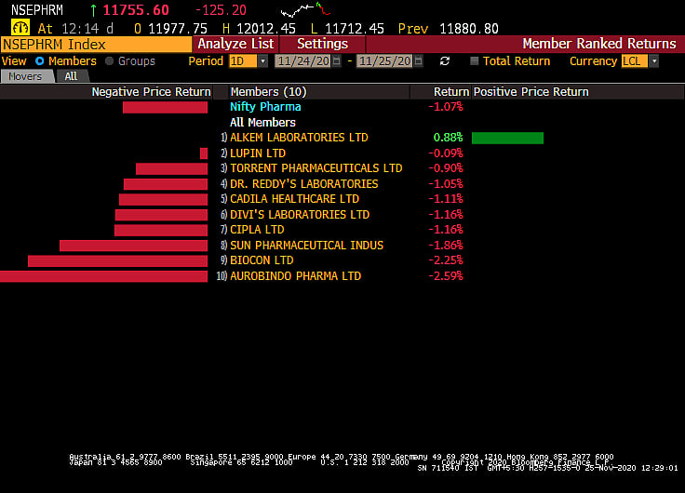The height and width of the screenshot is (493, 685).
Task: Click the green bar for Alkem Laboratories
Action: [x=507, y=138]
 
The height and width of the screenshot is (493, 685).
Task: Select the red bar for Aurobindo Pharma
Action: [x=103, y=276]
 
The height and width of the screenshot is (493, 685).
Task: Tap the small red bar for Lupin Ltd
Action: [x=204, y=153]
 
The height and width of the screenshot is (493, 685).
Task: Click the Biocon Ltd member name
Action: [x=262, y=260]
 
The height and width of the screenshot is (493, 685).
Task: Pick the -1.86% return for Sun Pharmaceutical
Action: [x=445, y=246]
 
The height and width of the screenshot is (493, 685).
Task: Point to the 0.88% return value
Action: [x=448, y=138]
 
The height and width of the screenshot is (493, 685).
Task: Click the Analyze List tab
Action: [x=235, y=44]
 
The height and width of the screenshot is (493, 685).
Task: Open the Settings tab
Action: [x=322, y=44]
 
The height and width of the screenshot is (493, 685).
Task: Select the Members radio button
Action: [x=40, y=61]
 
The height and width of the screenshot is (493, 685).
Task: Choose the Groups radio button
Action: [x=110, y=61]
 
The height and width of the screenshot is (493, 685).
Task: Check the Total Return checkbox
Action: [x=475, y=61]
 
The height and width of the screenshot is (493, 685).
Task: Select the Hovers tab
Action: [x=26, y=76]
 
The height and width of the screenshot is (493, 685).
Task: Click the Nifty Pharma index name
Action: [x=265, y=107]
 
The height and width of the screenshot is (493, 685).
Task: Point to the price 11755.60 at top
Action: [x=136, y=9]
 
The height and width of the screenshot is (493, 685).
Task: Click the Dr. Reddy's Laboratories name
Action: [x=303, y=184]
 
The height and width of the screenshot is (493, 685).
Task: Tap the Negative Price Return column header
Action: [x=151, y=92]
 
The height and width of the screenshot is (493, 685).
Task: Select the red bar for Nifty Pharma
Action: [x=165, y=107]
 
